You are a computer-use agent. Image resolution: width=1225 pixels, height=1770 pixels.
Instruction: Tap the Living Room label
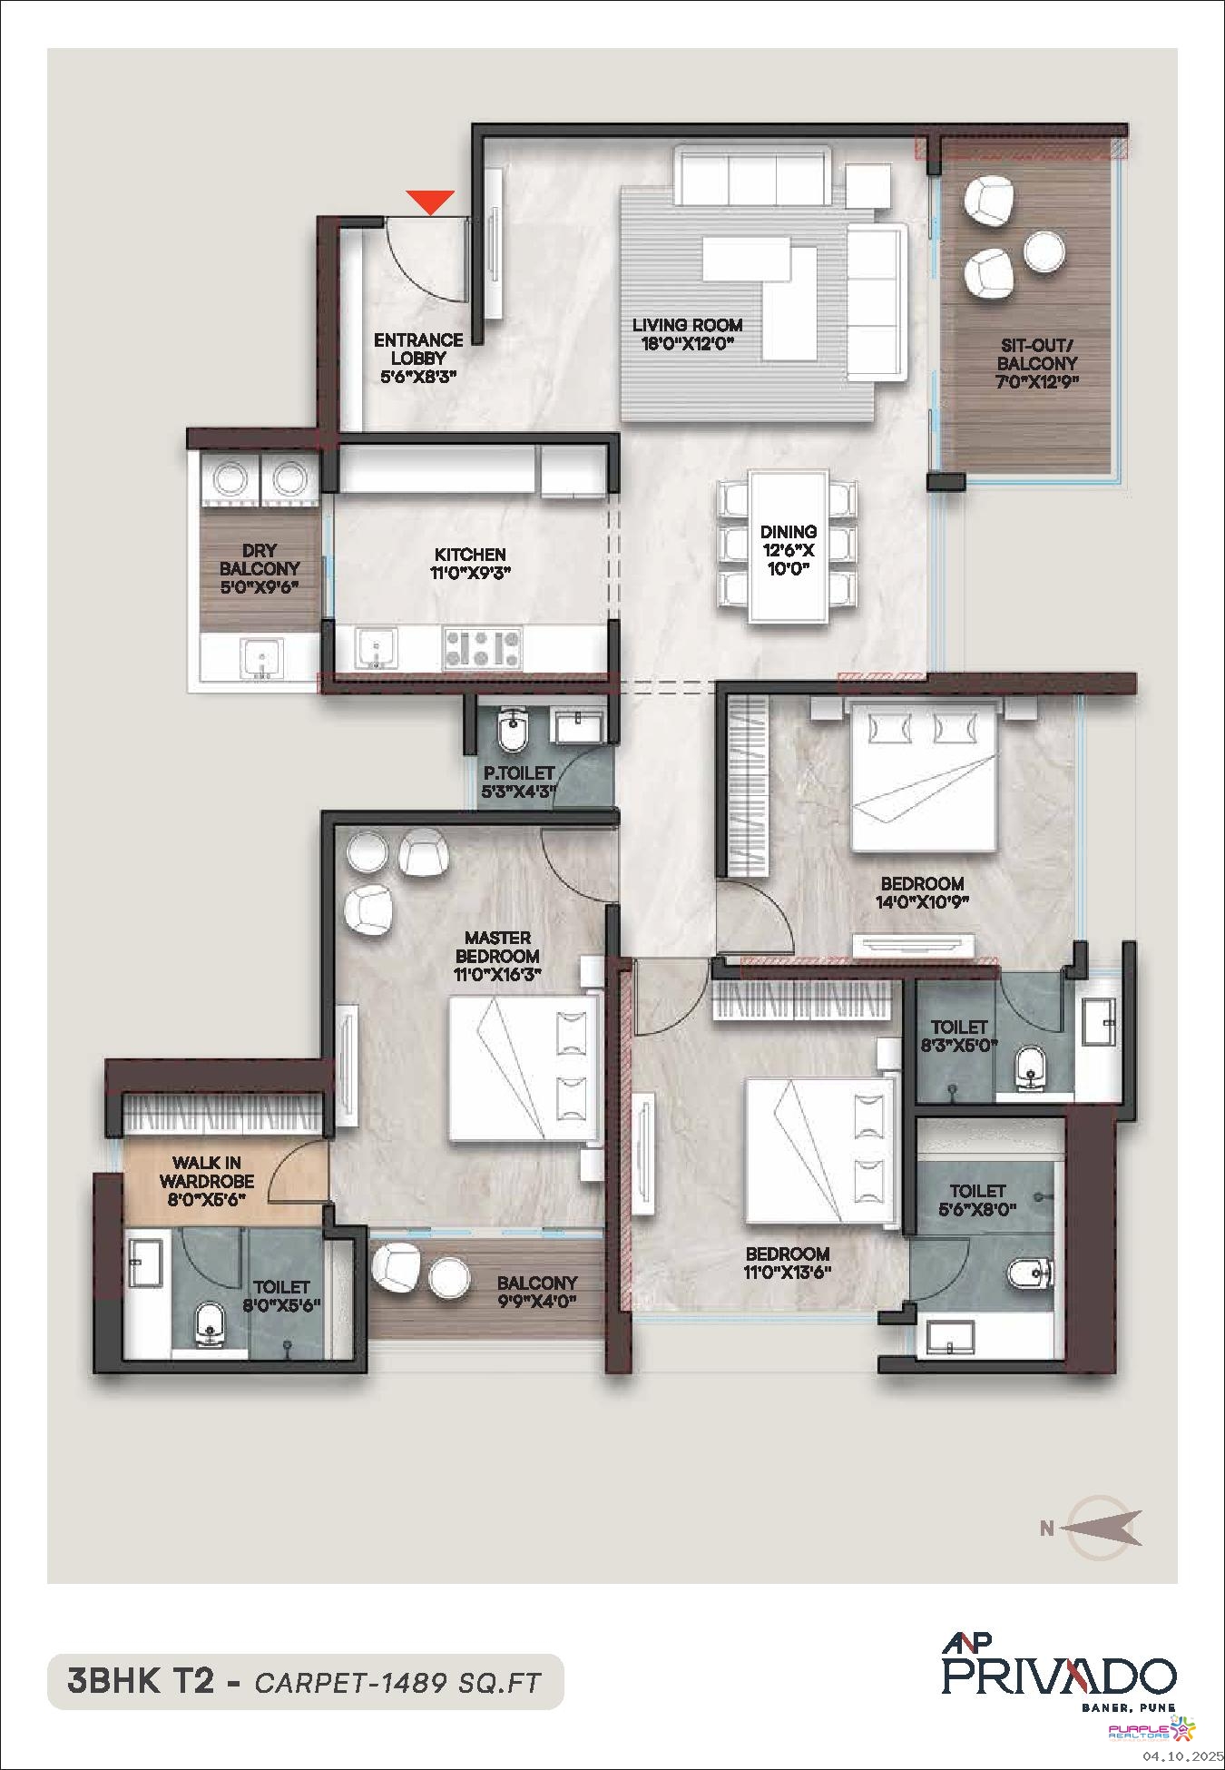click(x=687, y=325)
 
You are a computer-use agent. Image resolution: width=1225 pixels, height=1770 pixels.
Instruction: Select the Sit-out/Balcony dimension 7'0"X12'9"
click(x=1037, y=382)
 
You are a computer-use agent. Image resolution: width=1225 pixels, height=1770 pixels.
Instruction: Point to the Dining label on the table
click(x=789, y=531)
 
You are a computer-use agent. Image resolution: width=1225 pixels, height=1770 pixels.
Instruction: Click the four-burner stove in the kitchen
click(x=483, y=649)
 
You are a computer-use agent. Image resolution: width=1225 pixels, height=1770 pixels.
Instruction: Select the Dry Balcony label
click(x=260, y=559)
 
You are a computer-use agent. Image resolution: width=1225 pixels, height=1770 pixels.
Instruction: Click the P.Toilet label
click(x=518, y=773)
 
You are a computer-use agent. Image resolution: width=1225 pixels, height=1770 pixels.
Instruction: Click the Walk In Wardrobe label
click(x=207, y=1172)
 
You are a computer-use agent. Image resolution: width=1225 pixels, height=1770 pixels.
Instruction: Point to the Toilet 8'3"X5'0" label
click(x=958, y=1027)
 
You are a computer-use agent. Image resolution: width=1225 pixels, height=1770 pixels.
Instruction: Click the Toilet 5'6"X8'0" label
click(x=977, y=1191)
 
